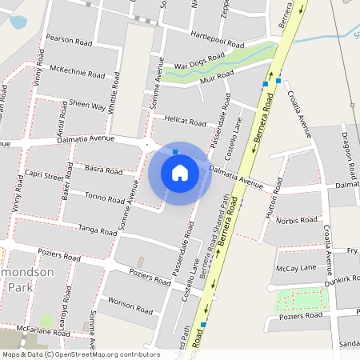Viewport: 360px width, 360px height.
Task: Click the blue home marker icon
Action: (x=180, y=173)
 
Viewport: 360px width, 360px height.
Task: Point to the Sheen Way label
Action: (x=87, y=106)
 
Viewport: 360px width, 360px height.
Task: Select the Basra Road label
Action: (x=102, y=170)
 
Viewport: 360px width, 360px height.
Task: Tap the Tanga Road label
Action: (x=98, y=230)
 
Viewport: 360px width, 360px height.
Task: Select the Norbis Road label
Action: (x=297, y=220)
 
